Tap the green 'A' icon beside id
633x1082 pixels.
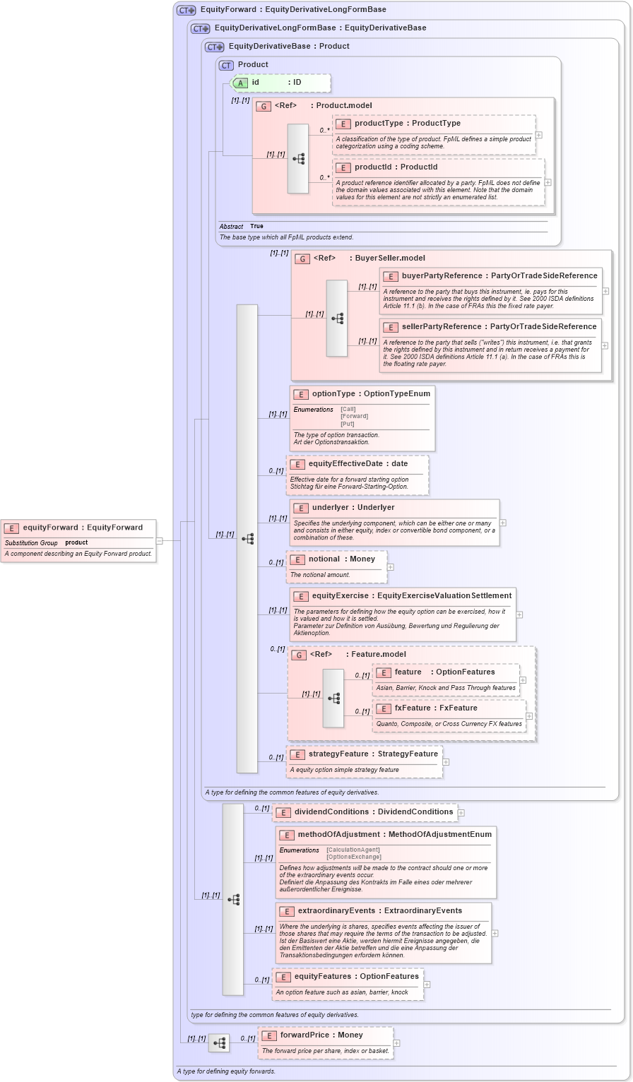pos(240,83)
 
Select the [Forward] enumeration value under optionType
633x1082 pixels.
pos(354,416)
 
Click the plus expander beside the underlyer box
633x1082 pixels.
pos(503,523)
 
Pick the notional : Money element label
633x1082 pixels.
pos(341,559)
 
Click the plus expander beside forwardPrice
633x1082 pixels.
pos(396,1042)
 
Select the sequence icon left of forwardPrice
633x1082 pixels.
pos(219,1042)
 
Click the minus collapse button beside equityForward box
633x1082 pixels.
pos(160,541)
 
